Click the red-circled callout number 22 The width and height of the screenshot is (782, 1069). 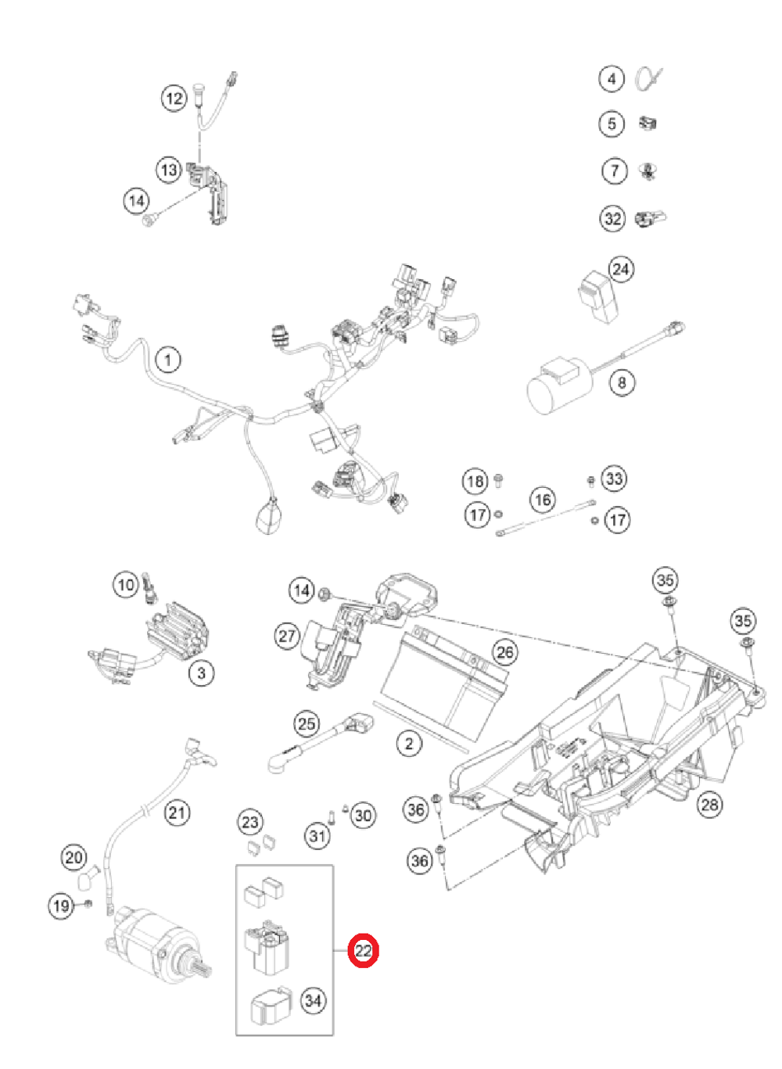coord(364,951)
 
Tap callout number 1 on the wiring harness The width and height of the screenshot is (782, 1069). coord(167,361)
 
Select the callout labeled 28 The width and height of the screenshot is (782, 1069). coord(709,804)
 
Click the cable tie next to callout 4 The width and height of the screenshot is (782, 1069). coord(649,79)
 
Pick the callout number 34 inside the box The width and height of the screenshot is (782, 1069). coord(313,1000)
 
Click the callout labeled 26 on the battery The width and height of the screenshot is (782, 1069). coord(504,652)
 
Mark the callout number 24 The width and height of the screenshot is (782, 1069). coord(621,269)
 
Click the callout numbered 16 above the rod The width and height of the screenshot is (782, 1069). coord(543,499)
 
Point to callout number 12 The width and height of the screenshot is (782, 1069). coord(174,98)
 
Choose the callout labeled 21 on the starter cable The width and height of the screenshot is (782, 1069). coord(178,813)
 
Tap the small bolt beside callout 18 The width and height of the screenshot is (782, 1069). coord(499,479)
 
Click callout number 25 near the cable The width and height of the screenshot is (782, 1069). coord(306,723)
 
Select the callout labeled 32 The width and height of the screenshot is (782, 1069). coord(612,218)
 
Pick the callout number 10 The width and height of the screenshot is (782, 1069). coord(126,584)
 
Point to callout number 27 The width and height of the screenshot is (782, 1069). coord(287,636)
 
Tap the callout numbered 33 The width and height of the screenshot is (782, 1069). coord(614,479)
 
